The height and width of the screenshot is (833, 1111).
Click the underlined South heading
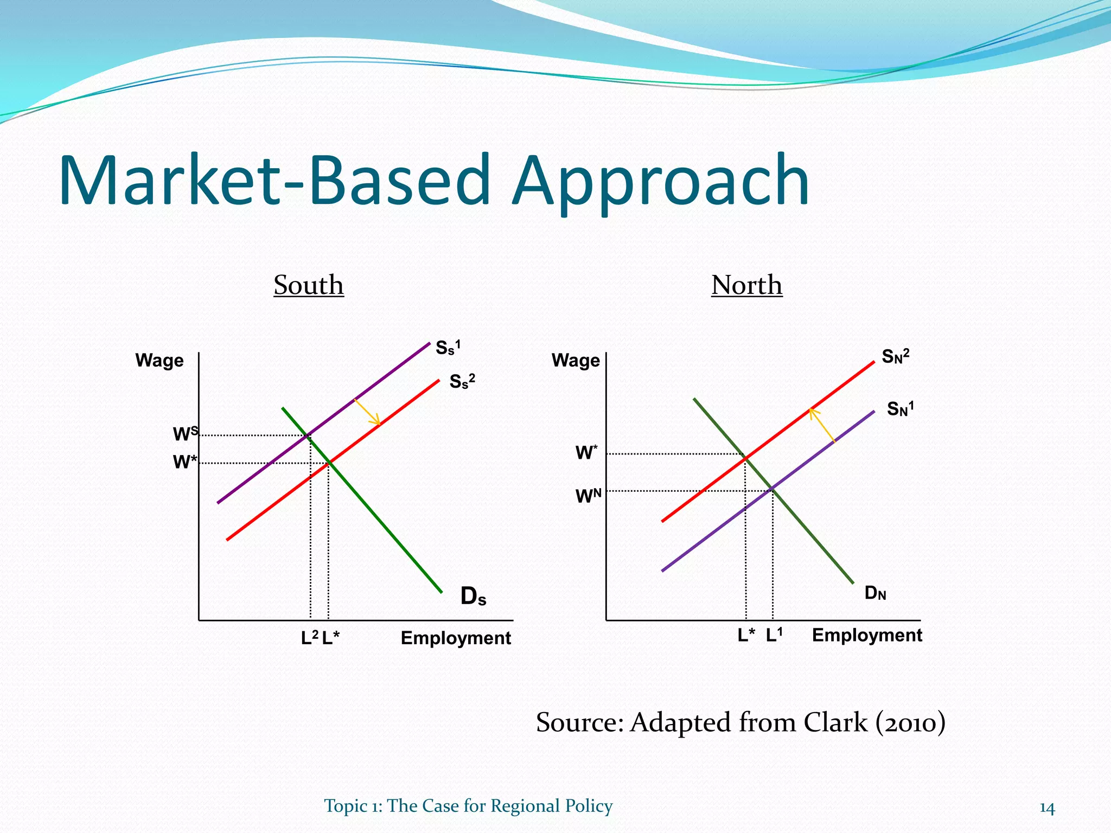tap(308, 285)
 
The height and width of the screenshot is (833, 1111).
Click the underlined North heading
tap(746, 285)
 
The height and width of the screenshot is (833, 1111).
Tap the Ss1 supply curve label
tap(448, 347)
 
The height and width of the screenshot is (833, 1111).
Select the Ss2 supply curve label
tap(462, 381)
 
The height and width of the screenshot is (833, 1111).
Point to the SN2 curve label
tap(895, 356)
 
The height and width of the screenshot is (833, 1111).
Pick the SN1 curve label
tap(900, 408)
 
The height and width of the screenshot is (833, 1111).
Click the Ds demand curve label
tap(473, 597)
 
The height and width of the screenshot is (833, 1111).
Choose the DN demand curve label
tap(875, 593)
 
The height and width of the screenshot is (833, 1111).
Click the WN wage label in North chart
tap(588, 496)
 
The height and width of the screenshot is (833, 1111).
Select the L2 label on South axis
tap(309, 638)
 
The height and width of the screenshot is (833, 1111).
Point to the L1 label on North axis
tap(774, 635)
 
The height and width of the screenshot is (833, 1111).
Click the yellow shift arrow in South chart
tap(367, 412)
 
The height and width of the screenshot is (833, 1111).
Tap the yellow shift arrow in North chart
tap(822, 425)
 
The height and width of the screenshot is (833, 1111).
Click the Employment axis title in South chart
tap(456, 638)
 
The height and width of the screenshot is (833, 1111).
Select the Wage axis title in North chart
tap(576, 361)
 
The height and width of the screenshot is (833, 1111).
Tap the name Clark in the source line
tap(835, 722)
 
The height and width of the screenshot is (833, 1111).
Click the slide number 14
tap(1046, 808)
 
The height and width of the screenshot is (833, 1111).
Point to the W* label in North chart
tap(586, 452)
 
